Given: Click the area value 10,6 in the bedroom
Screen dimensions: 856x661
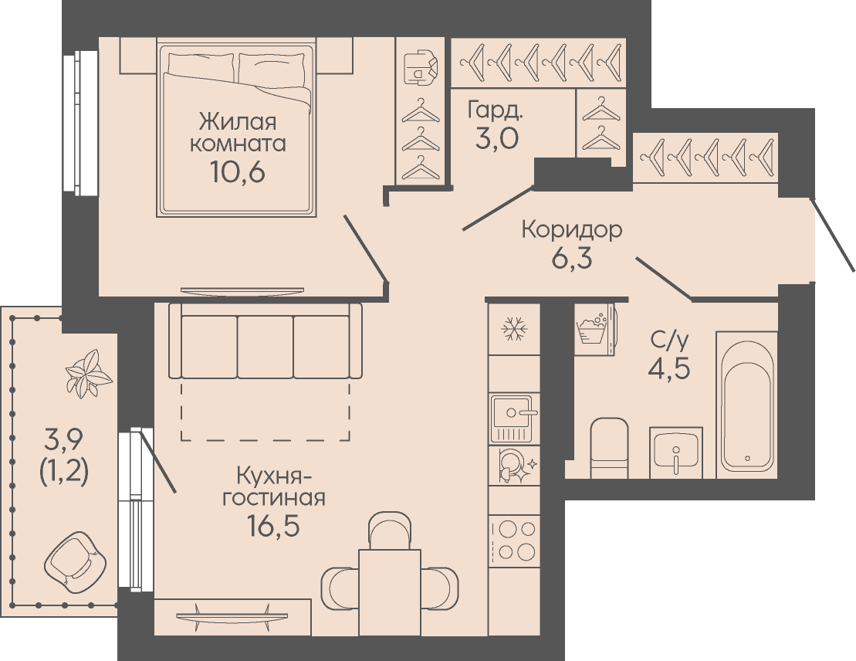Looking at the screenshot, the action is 238,172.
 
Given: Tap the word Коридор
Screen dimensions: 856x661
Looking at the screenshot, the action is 572,230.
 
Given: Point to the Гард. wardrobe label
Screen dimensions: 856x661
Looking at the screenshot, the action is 495,110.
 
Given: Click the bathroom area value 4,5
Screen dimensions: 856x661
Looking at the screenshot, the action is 669,369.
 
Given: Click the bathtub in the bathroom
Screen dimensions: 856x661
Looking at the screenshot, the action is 747,405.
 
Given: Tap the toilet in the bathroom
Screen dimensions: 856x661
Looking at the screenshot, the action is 609,448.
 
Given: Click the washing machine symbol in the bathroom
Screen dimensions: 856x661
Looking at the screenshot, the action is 594,330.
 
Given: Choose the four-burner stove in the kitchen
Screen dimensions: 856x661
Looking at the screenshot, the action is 514,541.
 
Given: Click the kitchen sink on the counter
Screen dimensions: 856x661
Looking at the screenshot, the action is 511,418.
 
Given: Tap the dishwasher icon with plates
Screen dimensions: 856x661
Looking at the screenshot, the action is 514,466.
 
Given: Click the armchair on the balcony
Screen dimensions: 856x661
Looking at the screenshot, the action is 76,561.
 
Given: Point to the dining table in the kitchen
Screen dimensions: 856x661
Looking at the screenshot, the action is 390,593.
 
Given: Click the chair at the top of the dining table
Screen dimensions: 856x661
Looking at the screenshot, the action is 390,530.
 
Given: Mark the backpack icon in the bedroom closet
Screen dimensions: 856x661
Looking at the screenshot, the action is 420,67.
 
